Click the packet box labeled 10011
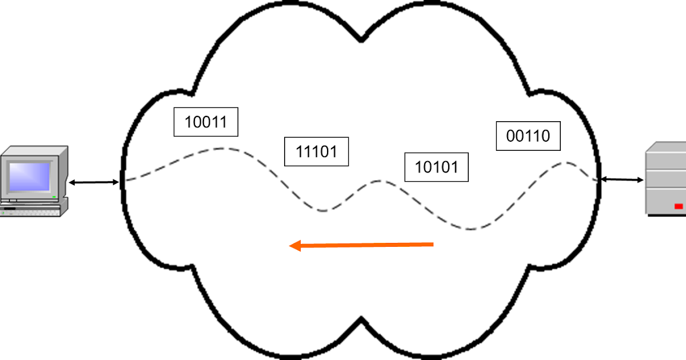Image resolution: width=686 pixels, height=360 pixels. click(x=206, y=122)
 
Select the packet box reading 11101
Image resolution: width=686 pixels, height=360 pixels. click(x=316, y=151)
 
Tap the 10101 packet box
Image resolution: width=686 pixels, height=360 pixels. click(x=436, y=167)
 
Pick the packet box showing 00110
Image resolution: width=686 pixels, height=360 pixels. click(x=528, y=136)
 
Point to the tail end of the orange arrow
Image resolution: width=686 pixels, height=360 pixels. click(x=433, y=245)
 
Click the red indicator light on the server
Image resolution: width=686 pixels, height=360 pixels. click(x=679, y=206)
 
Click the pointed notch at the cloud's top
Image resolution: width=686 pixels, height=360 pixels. click(x=361, y=40)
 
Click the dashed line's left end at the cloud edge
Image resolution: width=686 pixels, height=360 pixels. click(x=126, y=180)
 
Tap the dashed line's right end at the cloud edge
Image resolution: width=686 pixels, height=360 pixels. click(x=596, y=180)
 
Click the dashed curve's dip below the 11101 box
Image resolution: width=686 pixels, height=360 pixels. click(x=324, y=211)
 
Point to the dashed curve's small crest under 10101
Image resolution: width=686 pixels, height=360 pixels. click(x=379, y=181)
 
